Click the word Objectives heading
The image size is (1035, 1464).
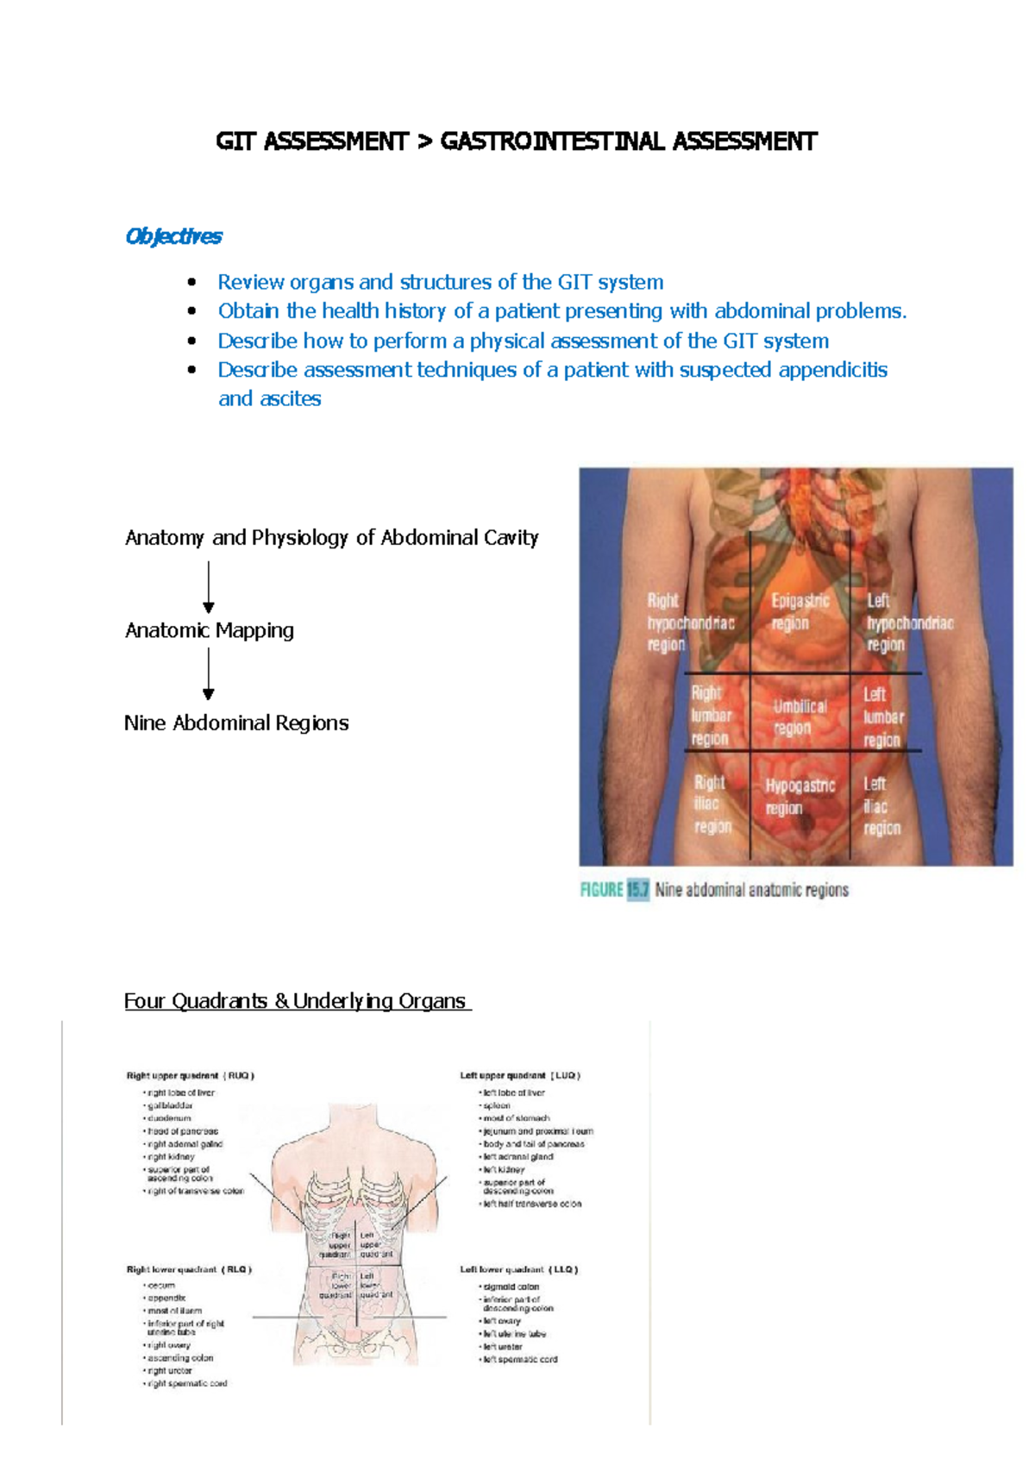173,236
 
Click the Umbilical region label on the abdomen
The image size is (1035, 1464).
799,716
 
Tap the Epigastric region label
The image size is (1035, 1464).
800,611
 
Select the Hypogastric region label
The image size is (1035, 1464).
800,797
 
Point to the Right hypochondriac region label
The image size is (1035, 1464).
690,622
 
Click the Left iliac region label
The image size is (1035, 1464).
881,805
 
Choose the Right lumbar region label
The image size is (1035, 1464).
711,716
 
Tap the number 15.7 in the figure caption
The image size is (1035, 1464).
637,890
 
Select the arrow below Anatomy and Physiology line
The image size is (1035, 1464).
208,586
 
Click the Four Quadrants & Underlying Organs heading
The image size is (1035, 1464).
295,1001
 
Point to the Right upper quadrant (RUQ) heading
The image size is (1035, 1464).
190,1075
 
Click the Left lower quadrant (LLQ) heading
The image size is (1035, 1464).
518,1269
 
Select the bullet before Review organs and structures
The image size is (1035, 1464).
192,283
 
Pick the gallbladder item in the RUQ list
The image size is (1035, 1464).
170,1105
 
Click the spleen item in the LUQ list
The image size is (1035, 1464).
497,1105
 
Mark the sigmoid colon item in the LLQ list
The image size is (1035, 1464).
511,1286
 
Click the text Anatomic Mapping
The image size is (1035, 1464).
210,630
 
